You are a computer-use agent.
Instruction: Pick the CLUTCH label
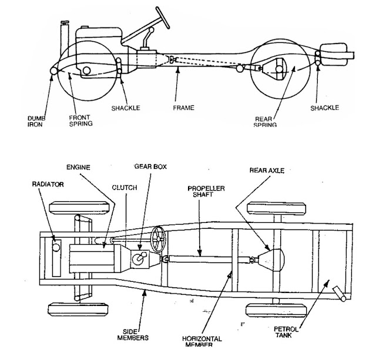pos(125,188)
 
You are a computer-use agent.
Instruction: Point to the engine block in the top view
pos(88,259)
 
